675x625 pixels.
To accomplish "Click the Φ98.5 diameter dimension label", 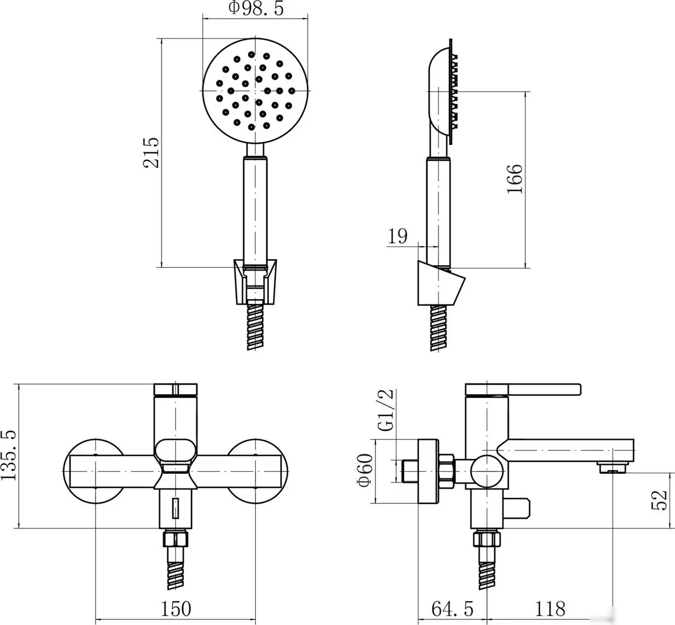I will [x=255, y=9].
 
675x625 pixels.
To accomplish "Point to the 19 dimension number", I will [x=398, y=235].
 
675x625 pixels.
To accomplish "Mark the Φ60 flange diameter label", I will [x=365, y=470].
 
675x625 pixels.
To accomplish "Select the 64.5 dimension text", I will [x=452, y=609].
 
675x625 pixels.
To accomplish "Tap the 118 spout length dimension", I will [x=550, y=609].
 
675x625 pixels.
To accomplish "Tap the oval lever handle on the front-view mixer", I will [x=176, y=451].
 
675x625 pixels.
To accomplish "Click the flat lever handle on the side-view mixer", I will [x=523, y=390].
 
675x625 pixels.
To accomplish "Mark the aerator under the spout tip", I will [x=613, y=468].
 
